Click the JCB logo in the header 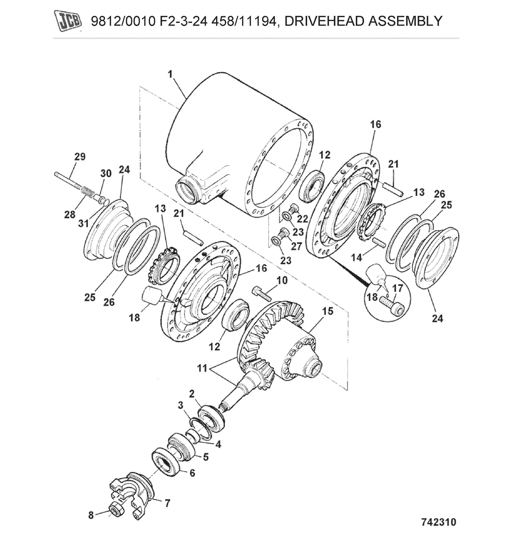69,21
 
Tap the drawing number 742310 438,522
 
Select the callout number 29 79,157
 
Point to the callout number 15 327,310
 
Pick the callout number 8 91,515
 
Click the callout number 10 282,280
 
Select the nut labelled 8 114,510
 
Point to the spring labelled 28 88,194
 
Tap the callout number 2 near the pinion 191,393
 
